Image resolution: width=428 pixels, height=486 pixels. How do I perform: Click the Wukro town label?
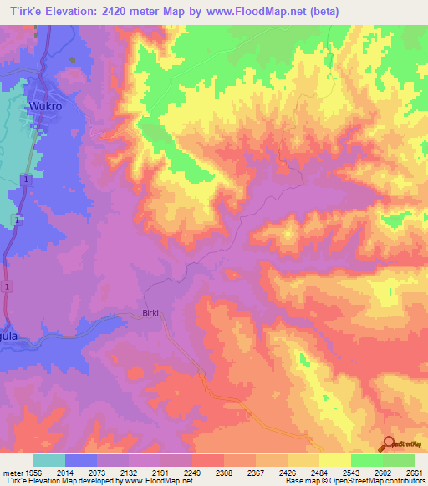pyautogui.click(x=47, y=107)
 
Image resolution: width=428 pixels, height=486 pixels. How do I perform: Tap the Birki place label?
pyautogui.click(x=149, y=315)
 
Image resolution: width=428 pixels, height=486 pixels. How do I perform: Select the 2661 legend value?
pyautogui.click(x=415, y=473)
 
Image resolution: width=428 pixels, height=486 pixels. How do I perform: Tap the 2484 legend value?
pyautogui.click(x=319, y=473)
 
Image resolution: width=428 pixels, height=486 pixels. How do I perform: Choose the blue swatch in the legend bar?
pyautogui.click(x=81, y=460)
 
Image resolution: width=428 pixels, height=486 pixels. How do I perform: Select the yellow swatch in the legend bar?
pyautogui.click(x=335, y=460)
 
